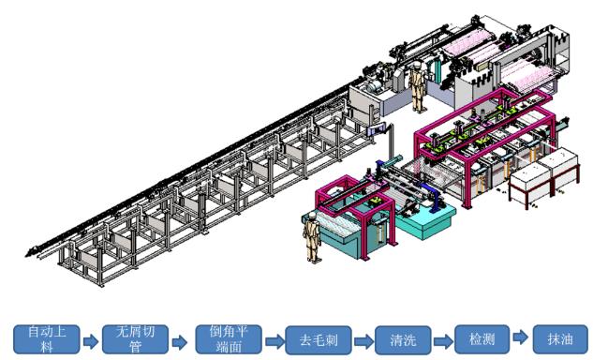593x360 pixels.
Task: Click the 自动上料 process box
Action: click(47, 339)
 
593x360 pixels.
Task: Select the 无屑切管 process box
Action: click(136, 339)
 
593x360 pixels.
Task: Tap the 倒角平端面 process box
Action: click(229, 339)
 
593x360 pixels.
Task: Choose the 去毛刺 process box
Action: click(319, 340)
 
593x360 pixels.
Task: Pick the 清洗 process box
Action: click(403, 340)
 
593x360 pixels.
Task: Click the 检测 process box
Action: click(482, 339)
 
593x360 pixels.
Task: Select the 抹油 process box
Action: click(560, 339)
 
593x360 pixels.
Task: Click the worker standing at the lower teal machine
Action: click(312, 237)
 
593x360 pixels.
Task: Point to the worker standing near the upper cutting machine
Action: click(418, 86)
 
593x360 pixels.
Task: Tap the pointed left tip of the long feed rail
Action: click(26, 255)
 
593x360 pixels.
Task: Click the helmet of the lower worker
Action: click(312, 216)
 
